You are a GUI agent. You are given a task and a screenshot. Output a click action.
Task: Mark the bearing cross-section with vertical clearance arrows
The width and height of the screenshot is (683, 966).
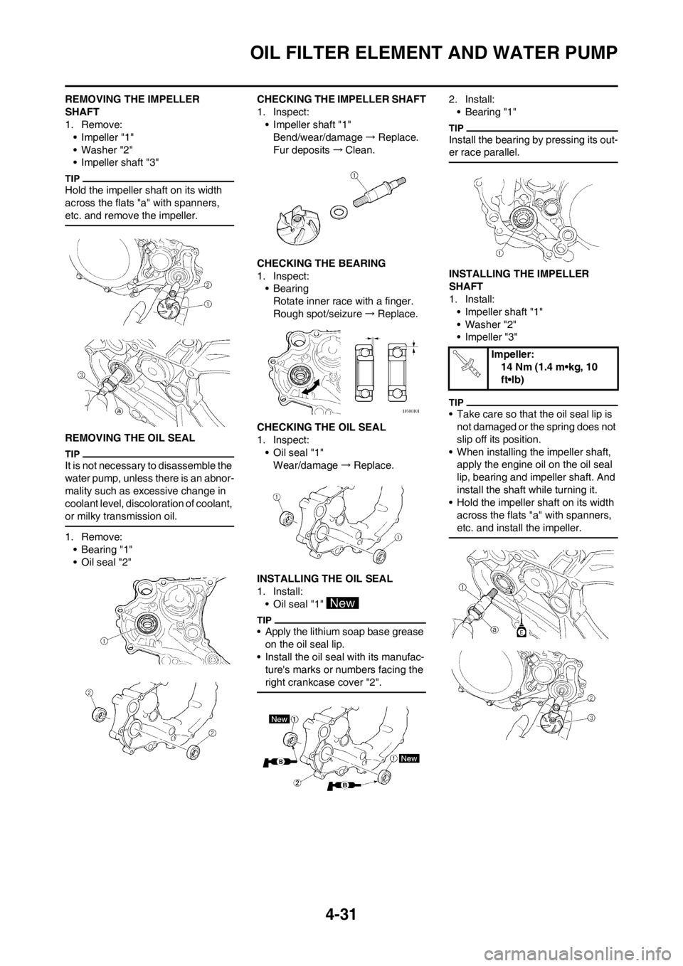[x=400, y=374]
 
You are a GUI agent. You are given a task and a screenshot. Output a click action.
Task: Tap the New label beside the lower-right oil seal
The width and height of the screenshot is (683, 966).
[x=411, y=759]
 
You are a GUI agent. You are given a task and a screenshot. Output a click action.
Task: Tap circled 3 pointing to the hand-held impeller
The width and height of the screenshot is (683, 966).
[x=592, y=718]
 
